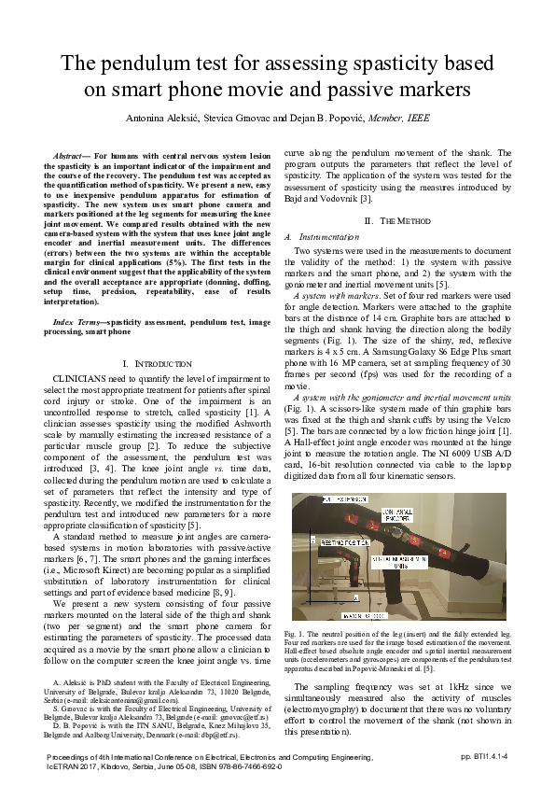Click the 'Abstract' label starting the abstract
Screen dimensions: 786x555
click(x=71, y=151)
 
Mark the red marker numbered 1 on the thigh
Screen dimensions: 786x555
click(x=352, y=518)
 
